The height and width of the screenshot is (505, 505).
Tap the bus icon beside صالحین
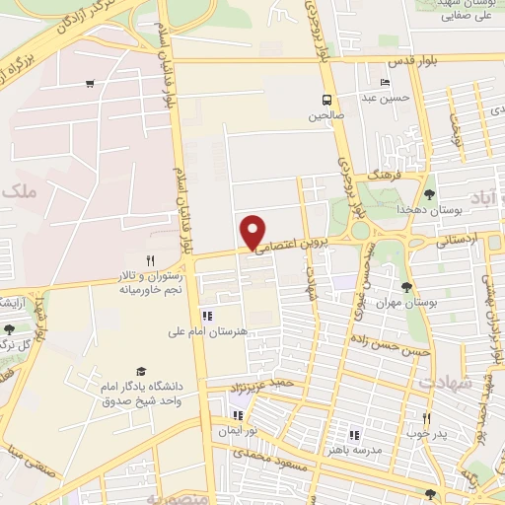[x=325, y=100]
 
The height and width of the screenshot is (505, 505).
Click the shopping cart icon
[x=90, y=84]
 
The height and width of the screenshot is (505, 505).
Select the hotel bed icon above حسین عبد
[x=385, y=82]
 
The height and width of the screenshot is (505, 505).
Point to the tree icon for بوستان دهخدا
[x=428, y=193]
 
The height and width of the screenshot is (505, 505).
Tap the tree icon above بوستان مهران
[x=406, y=287]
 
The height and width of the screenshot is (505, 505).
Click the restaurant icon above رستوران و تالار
[x=151, y=260]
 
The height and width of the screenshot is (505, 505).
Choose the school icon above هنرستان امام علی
[x=207, y=316]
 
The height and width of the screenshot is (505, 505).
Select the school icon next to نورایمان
[x=238, y=415]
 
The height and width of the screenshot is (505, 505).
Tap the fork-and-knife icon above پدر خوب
[x=426, y=418]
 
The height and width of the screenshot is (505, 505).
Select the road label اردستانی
[x=456, y=239]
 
